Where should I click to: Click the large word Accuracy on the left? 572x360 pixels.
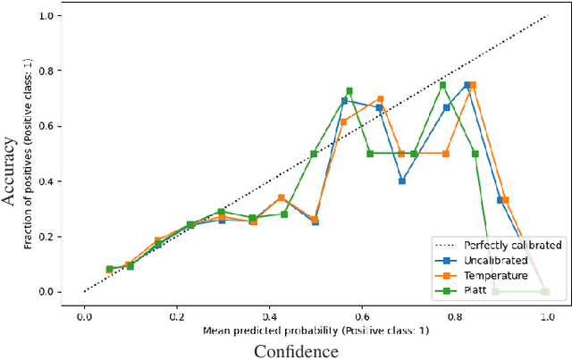11,170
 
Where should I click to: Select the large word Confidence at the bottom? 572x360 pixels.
296,351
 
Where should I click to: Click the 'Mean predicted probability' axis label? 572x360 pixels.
314,330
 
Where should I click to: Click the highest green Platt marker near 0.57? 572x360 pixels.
349,91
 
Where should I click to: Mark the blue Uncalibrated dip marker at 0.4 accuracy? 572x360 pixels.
402,181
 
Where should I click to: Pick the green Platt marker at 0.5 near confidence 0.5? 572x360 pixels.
314,154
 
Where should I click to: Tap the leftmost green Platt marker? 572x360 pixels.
110,269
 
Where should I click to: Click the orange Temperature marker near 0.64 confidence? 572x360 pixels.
380,99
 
